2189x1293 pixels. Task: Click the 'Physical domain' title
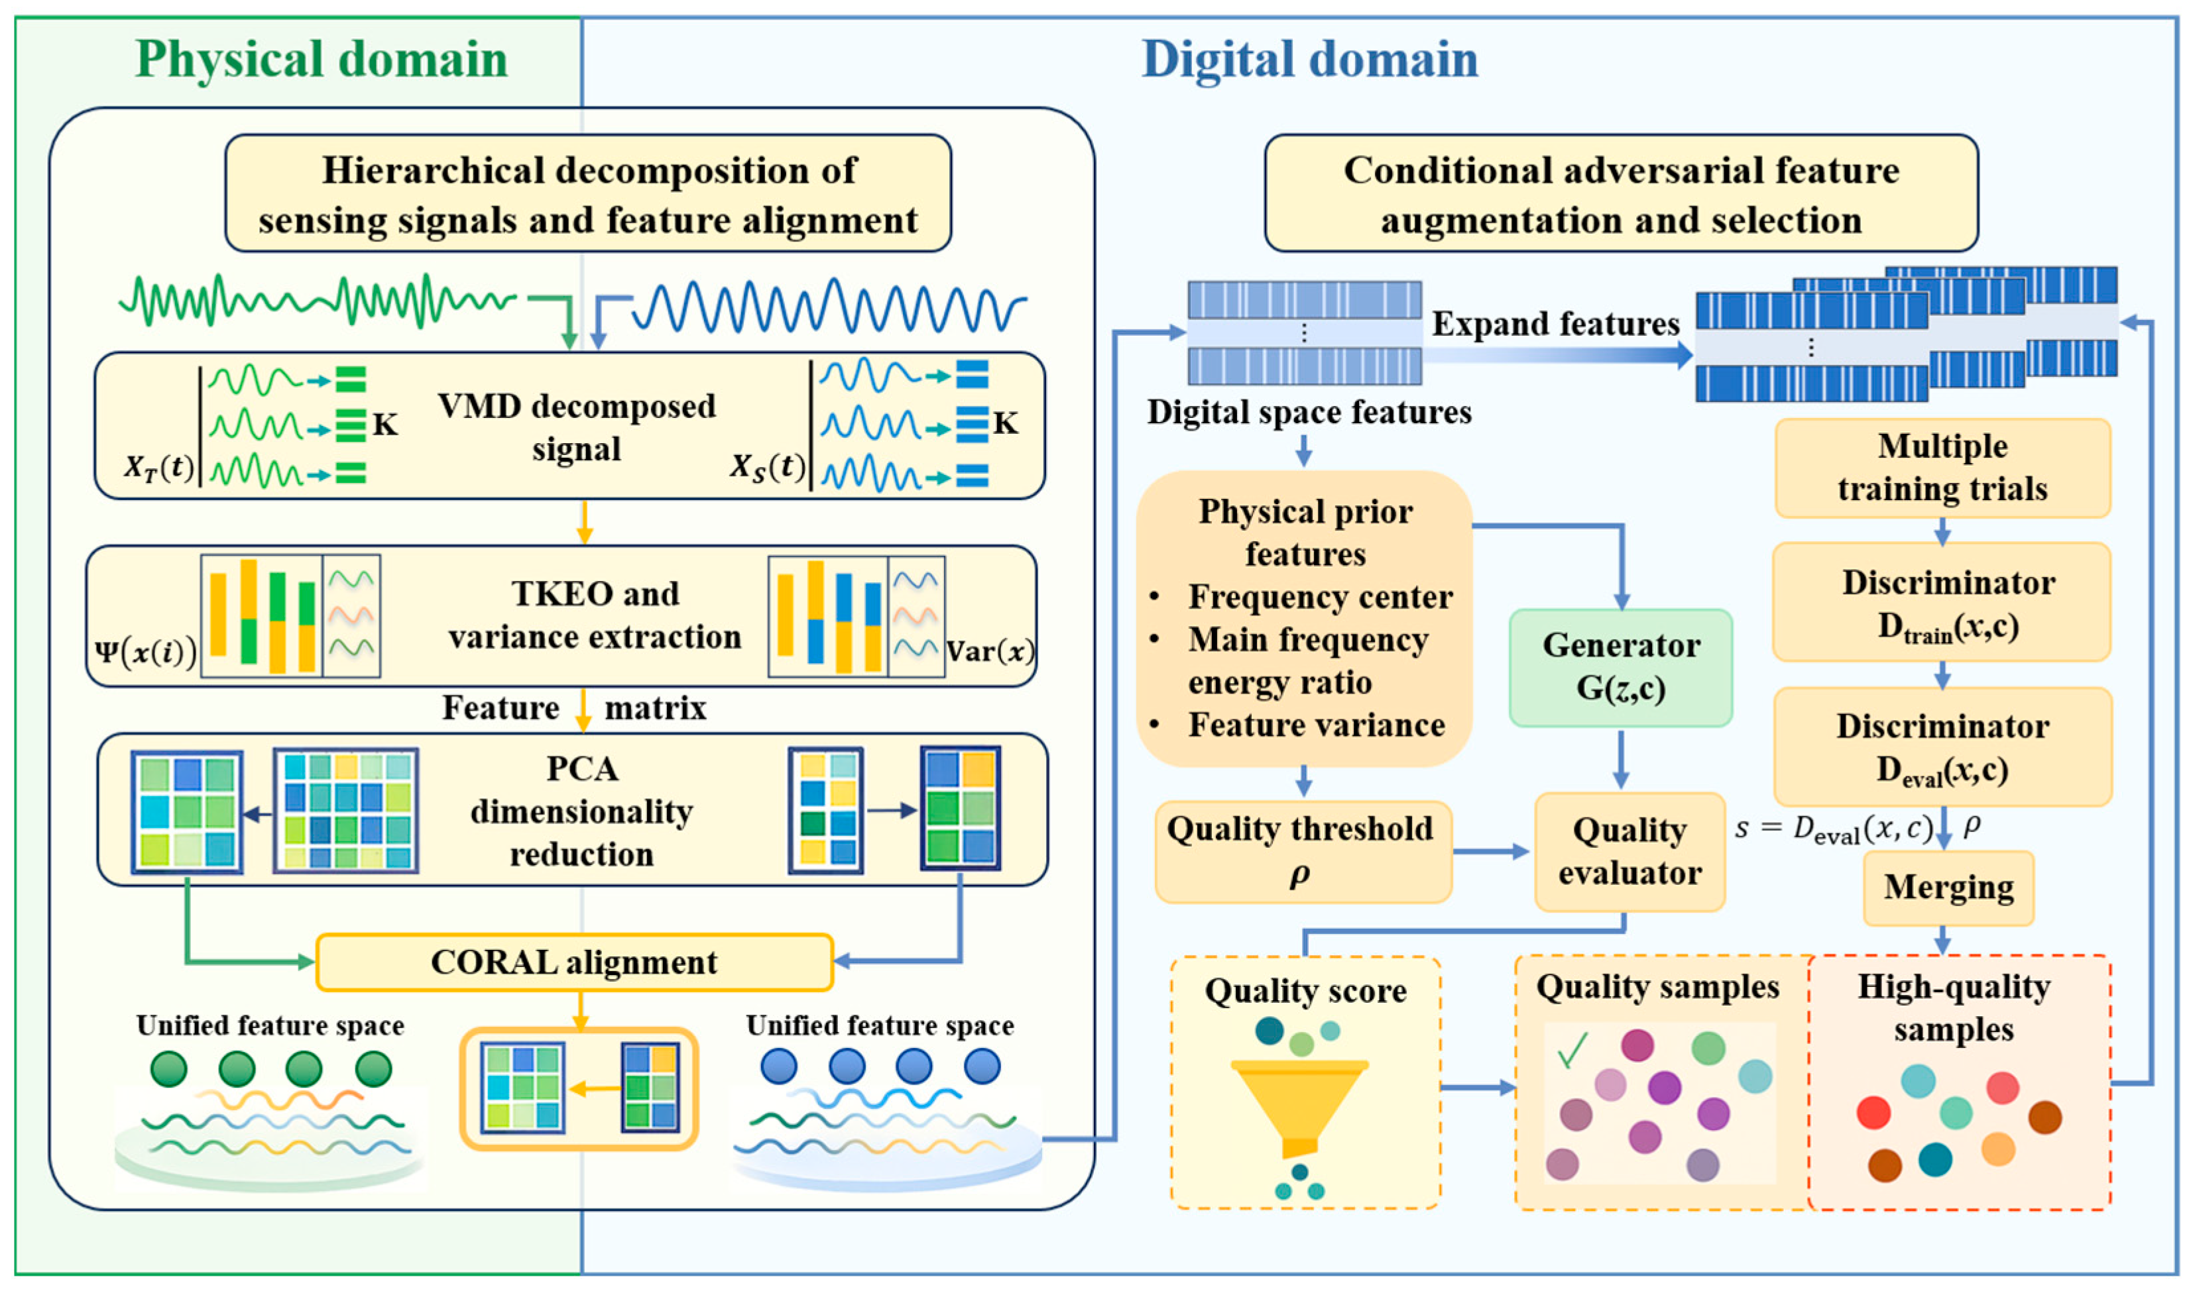[x=322, y=59]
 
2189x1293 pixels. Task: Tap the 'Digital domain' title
[x=1309, y=59]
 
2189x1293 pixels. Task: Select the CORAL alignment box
[x=575, y=962]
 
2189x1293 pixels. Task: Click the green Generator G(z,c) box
[x=1621, y=668]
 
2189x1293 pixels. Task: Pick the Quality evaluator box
[x=1629, y=851]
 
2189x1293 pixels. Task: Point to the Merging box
[x=1948, y=888]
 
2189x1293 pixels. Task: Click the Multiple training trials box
[x=1942, y=468]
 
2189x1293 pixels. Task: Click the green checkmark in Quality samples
[x=1572, y=1050]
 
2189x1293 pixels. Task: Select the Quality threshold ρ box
[x=1303, y=851]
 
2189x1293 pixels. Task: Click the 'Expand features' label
[x=1555, y=324]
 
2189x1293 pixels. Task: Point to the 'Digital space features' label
[x=1309, y=412]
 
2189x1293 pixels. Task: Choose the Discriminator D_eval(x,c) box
[x=1942, y=747]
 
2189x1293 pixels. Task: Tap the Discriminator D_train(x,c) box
[x=1942, y=602]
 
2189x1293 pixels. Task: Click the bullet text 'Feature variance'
[x=1317, y=725]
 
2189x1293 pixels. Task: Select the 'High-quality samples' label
[x=1954, y=1008]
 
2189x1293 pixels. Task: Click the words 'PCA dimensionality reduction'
[x=581, y=811]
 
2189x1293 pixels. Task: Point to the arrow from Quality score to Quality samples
[x=1478, y=1088]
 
